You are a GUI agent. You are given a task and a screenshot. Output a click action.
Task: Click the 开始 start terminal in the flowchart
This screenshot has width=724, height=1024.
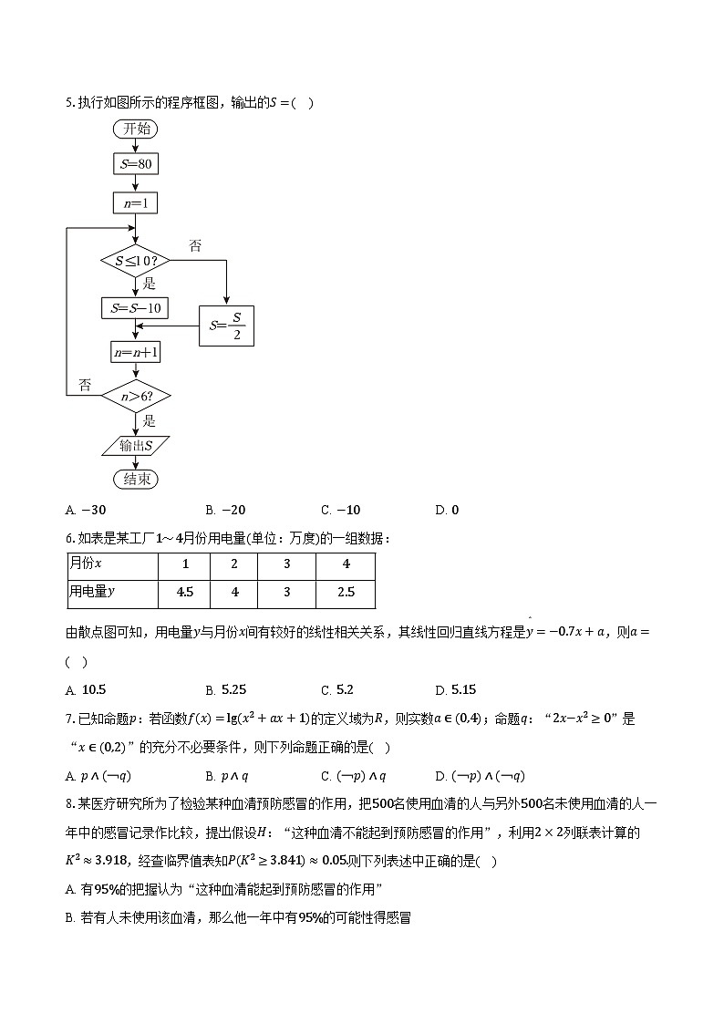(135, 129)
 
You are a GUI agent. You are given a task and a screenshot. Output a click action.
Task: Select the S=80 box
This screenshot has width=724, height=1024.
(135, 165)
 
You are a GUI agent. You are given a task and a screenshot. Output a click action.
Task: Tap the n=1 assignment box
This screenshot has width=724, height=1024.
(135, 202)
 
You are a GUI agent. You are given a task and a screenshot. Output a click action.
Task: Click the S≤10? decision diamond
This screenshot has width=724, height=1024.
(135, 260)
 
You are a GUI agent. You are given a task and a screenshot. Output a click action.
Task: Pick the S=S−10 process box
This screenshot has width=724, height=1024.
(135, 308)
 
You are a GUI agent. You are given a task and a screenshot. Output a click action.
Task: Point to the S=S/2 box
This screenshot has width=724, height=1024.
(227, 325)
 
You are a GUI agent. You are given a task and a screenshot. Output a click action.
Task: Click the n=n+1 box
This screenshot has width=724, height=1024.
(135, 352)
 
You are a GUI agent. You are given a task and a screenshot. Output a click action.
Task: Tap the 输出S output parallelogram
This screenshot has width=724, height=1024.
(135, 445)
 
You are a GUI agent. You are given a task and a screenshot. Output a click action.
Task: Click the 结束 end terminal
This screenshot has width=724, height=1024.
(135, 479)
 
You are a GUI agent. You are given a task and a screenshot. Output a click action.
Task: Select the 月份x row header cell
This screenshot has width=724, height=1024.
(112, 564)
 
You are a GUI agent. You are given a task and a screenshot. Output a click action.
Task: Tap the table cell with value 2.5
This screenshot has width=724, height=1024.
(346, 592)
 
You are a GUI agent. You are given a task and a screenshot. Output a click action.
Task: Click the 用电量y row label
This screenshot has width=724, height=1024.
(112, 592)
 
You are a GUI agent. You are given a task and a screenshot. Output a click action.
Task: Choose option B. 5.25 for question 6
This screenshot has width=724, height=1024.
(226, 689)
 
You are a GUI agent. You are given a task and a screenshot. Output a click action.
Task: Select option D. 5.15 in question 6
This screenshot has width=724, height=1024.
(456, 689)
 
